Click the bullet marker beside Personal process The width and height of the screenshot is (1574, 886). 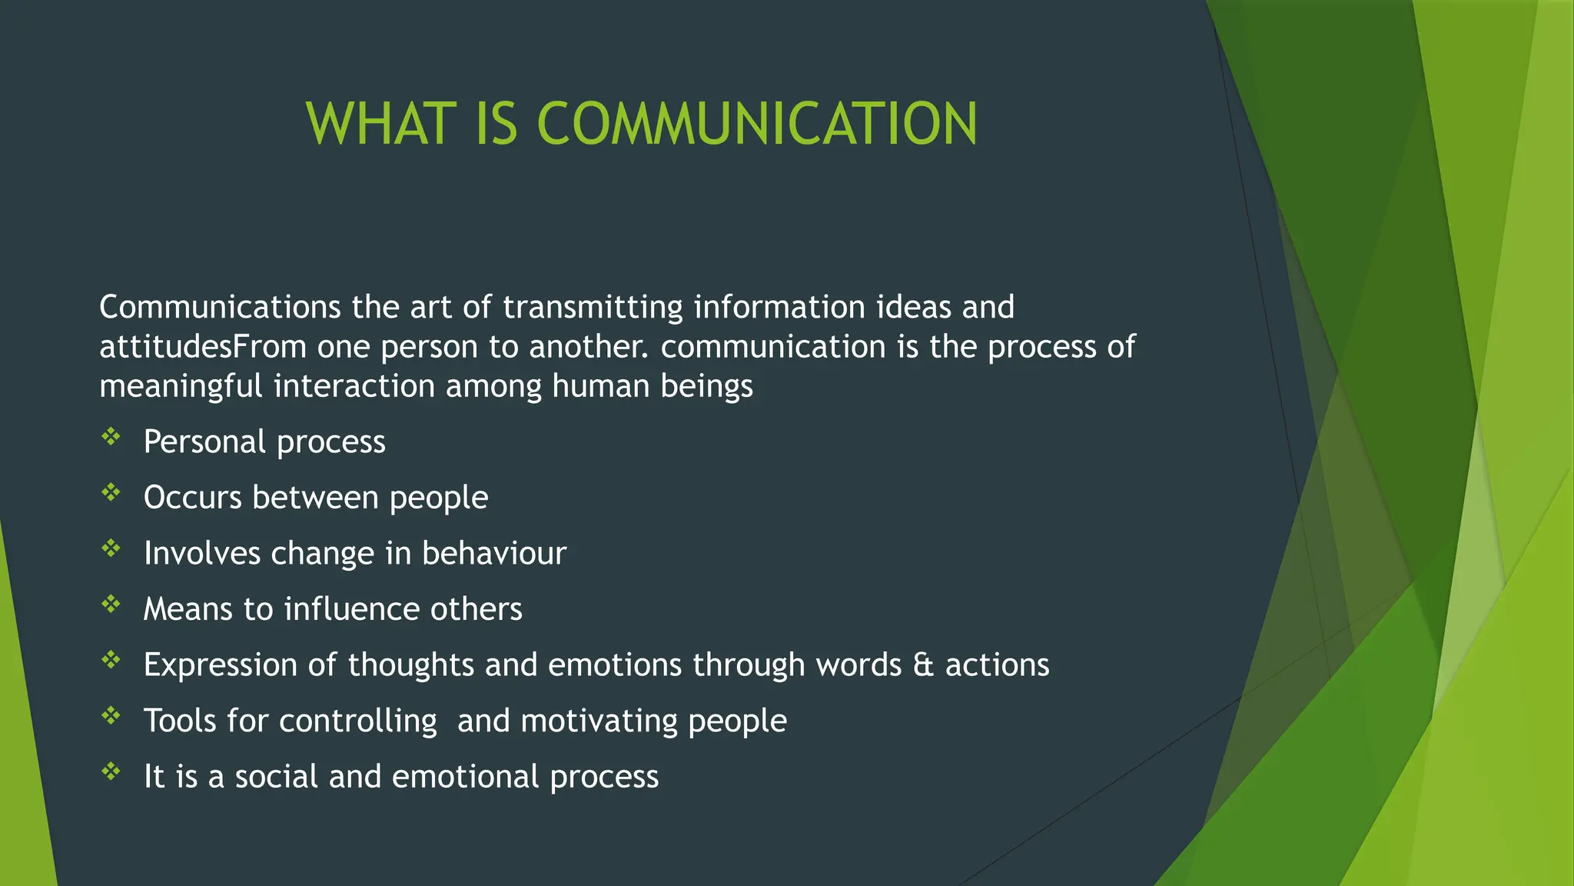pos(111,438)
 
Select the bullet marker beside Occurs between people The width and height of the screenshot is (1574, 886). pos(111,493)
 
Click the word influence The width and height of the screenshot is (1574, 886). pos(351,609)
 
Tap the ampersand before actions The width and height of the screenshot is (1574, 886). pos(923,665)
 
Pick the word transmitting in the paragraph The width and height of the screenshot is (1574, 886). pos(593,308)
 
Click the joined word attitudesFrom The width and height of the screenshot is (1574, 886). pos(203,347)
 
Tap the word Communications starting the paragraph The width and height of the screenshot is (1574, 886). pos(220,308)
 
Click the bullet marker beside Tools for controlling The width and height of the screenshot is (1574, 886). pos(111,717)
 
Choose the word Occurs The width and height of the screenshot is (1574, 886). pos(193,498)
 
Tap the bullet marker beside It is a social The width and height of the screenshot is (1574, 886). pos(111,772)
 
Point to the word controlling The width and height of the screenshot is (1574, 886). pos(357,721)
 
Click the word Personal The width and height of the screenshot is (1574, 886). pos(204,442)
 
